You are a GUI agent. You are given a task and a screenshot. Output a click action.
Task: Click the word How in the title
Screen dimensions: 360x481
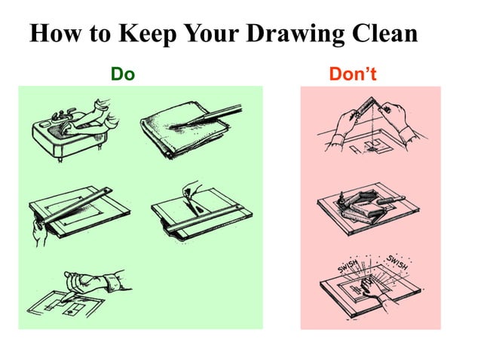pyautogui.click(x=56, y=35)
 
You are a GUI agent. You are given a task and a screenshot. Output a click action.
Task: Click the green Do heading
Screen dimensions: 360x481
pyautogui.click(x=122, y=74)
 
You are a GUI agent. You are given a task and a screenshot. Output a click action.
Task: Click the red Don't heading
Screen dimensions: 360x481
pyautogui.click(x=352, y=74)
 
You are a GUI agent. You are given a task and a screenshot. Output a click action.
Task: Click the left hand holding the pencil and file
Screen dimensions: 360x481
pyautogui.click(x=339, y=121)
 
